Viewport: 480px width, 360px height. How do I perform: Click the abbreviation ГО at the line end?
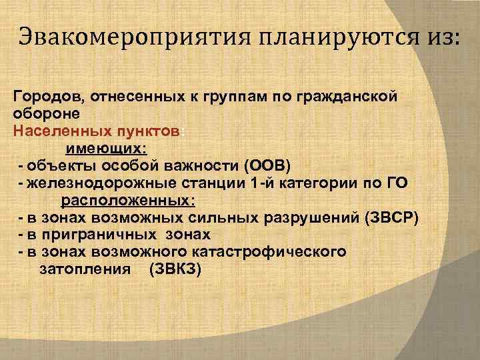[396, 183]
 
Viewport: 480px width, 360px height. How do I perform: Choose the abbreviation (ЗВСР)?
[391, 218]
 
